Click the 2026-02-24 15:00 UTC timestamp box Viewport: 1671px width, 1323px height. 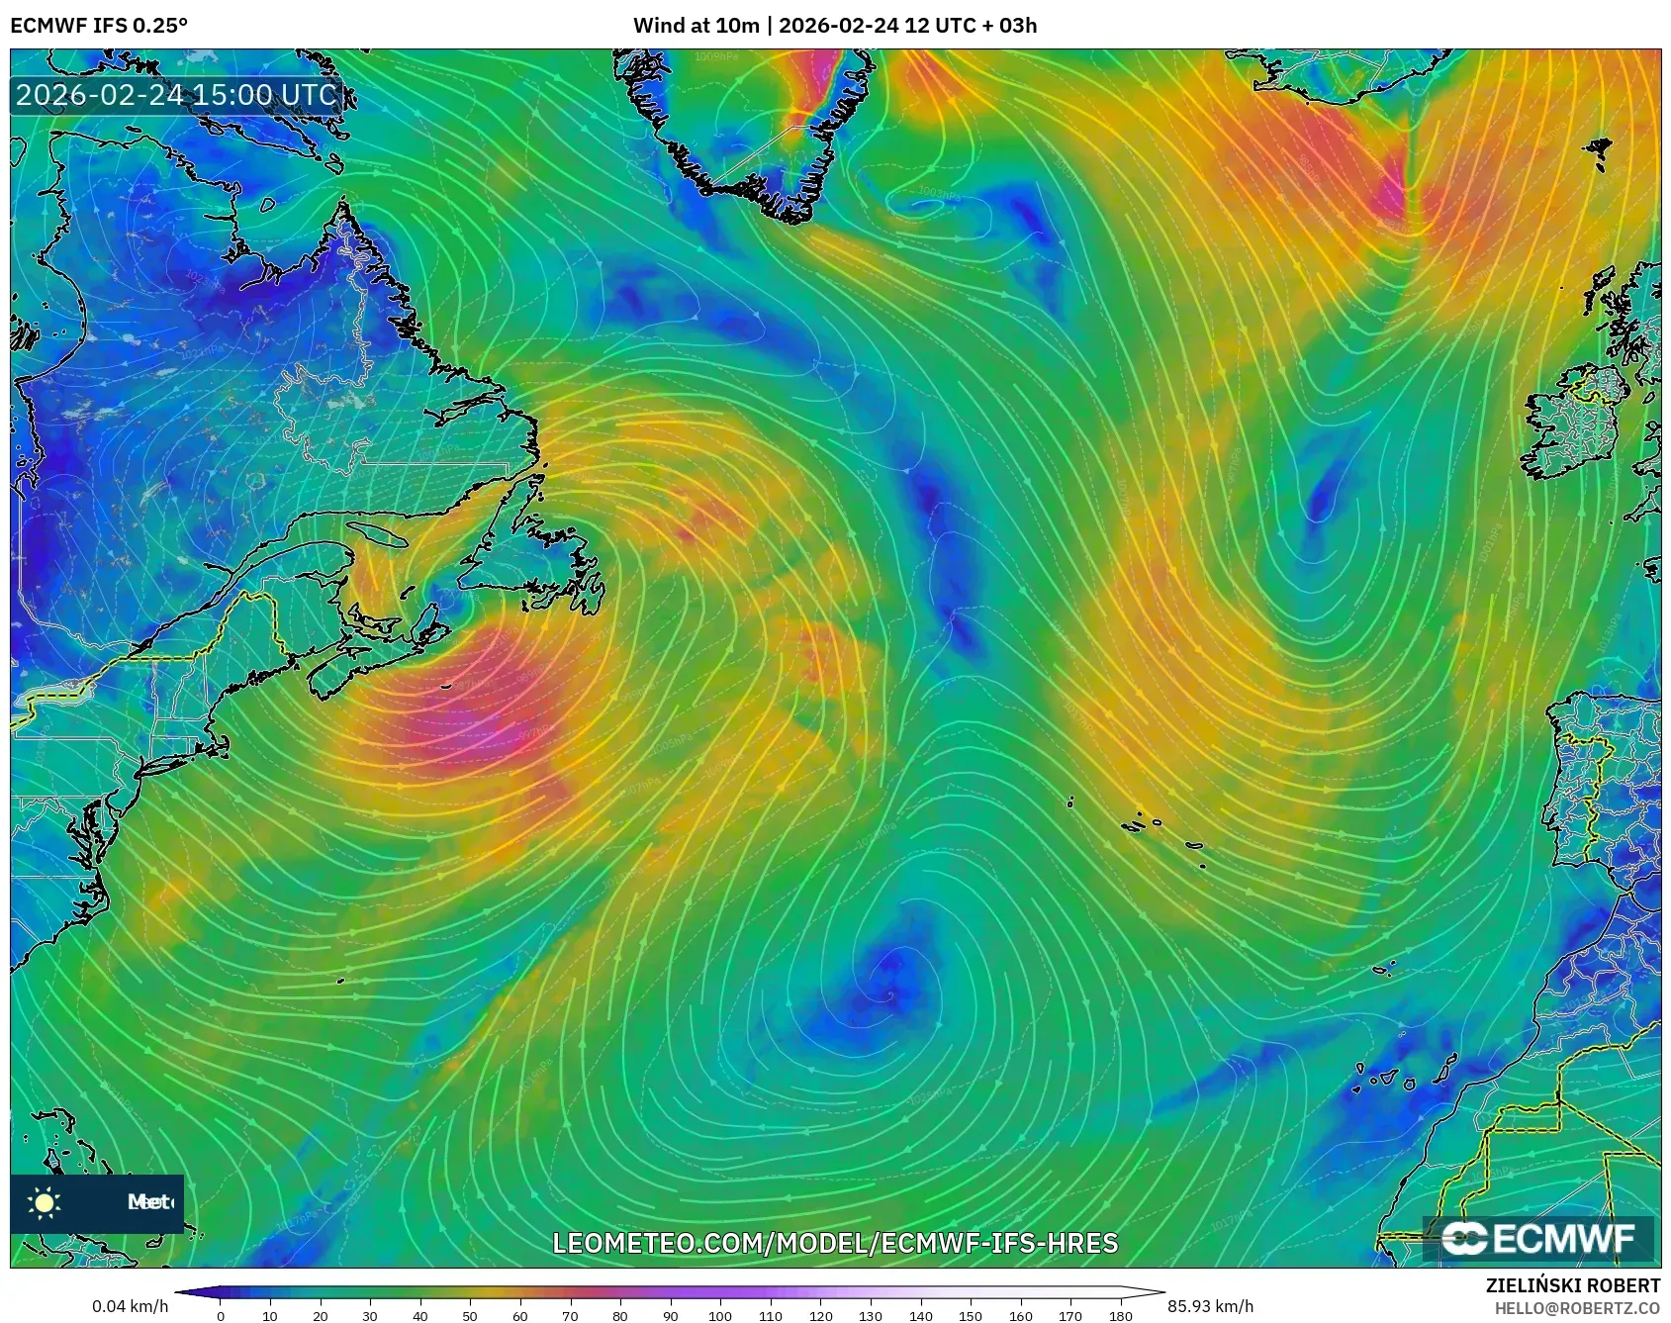[x=176, y=95]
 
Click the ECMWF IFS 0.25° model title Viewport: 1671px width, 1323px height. [x=99, y=25]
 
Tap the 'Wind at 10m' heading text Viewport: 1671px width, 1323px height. [x=696, y=25]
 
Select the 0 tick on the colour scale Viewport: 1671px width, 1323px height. [x=220, y=1315]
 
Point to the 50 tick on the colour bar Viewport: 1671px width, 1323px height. [x=470, y=1315]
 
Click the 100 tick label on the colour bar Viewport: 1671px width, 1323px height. [x=720, y=1315]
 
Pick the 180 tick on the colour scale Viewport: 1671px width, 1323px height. [x=1120, y=1315]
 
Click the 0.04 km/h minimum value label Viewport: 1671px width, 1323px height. [x=130, y=1306]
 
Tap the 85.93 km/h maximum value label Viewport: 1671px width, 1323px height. [x=1210, y=1306]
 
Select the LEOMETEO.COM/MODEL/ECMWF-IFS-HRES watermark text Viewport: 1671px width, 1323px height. [x=835, y=1243]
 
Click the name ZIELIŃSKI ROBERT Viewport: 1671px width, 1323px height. [x=1573, y=1285]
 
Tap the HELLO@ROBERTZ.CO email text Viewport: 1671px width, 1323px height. [x=1577, y=1308]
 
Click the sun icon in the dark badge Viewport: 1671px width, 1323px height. [x=45, y=1202]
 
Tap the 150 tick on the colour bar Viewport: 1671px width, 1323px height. [x=971, y=1315]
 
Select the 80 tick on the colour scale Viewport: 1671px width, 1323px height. [x=620, y=1315]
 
